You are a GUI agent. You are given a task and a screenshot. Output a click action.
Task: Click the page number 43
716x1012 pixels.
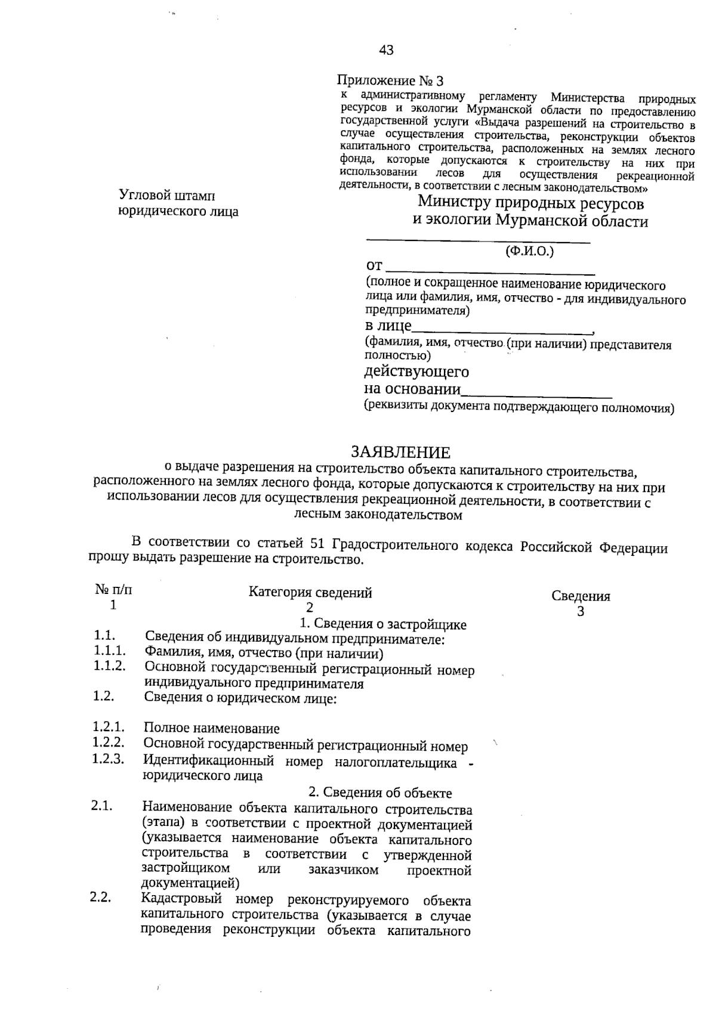386,50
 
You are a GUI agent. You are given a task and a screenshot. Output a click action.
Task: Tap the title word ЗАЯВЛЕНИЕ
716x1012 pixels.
400,453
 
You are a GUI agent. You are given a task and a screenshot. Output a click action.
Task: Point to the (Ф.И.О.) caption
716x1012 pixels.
529,251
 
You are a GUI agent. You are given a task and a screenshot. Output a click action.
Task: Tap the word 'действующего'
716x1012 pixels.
416,372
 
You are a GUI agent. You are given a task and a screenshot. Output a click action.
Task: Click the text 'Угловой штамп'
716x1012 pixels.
167,195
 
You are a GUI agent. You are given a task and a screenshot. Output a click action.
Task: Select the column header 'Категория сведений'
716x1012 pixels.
310,592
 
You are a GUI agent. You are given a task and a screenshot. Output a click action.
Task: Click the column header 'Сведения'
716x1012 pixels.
581,596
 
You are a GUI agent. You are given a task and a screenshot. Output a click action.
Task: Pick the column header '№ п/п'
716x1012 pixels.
113,590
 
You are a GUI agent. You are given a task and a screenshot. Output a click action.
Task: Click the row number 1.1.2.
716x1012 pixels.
109,666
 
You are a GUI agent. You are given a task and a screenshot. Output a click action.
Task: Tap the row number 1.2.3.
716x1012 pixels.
108,759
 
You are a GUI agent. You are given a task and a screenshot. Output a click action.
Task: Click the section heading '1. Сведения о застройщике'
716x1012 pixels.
382,624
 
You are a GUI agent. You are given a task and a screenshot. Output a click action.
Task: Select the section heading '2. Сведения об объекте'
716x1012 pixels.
380,793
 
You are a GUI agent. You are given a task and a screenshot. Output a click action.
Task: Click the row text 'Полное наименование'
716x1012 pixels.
211,728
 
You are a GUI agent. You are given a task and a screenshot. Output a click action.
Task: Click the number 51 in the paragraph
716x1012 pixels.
317,544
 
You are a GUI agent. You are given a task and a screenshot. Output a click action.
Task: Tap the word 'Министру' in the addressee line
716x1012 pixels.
453,202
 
